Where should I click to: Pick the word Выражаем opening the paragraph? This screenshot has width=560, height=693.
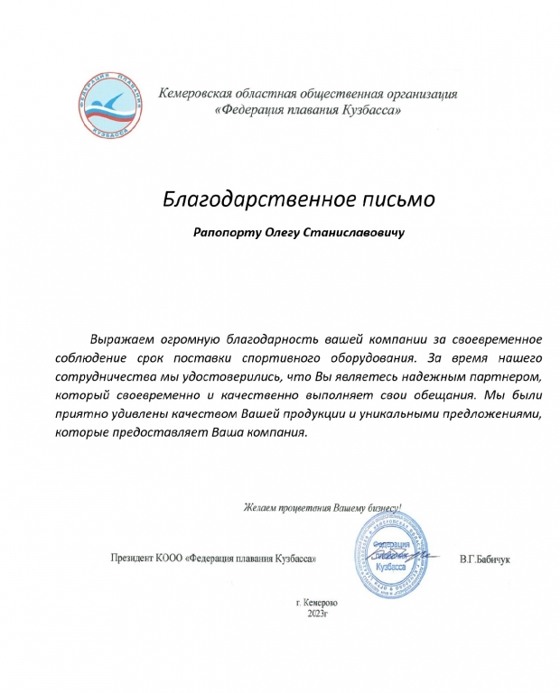(123, 339)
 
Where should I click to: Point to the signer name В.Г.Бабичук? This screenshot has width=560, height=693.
(485, 559)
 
